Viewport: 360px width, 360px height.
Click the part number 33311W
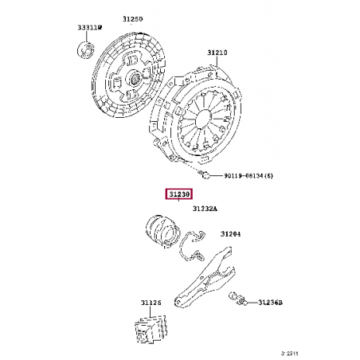pyautogui.click(x=89, y=26)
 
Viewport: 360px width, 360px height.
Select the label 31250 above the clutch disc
pyautogui.click(x=132, y=18)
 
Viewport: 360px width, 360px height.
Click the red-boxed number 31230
pyautogui.click(x=178, y=194)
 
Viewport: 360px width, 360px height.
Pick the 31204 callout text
pyautogui.click(x=231, y=233)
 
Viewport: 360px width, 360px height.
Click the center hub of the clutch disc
pyautogui.click(x=132, y=79)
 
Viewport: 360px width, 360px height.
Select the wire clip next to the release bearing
pyautogui.click(x=192, y=244)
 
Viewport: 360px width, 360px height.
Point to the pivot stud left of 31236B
pyautogui.click(x=240, y=301)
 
